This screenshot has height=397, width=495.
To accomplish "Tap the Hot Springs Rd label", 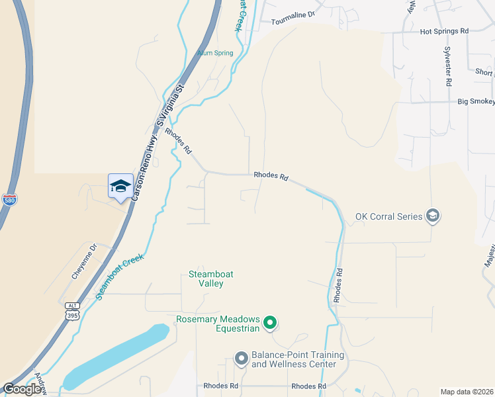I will (x=444, y=31).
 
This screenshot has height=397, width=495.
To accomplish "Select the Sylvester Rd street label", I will (x=448, y=67).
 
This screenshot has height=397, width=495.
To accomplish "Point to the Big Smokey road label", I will (x=476, y=102).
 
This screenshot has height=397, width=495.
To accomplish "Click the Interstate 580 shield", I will (x=9, y=199).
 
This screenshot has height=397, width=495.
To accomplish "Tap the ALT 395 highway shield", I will (x=71, y=311).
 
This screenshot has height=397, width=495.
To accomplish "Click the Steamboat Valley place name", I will (x=211, y=279).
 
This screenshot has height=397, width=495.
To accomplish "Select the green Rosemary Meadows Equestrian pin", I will (x=270, y=323).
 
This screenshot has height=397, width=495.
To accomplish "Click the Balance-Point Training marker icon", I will (x=241, y=359).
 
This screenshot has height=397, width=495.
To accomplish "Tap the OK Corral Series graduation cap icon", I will (x=433, y=216).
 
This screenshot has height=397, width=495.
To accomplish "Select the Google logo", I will (x=22, y=389).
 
